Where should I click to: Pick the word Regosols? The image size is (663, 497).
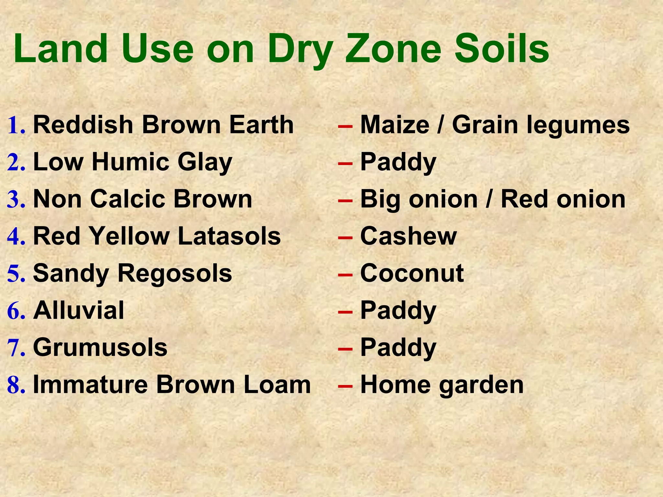point(174,273)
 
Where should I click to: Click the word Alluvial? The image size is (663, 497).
point(79,310)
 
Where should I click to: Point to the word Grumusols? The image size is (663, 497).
point(100,348)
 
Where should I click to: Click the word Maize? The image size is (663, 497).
point(395,125)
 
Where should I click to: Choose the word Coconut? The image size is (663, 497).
point(412,273)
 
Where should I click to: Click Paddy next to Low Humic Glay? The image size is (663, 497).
point(398,162)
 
